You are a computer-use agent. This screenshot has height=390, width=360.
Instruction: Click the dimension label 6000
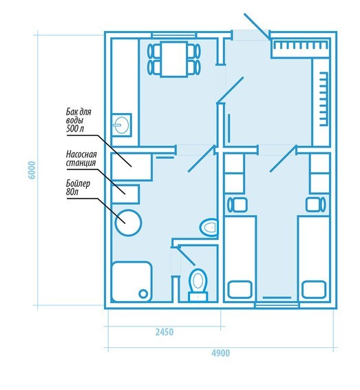click(32, 170)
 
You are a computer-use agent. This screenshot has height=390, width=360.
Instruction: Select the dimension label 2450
click(165, 332)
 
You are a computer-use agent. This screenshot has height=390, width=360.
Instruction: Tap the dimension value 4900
click(221, 353)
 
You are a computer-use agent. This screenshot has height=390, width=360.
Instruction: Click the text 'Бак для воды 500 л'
click(78, 120)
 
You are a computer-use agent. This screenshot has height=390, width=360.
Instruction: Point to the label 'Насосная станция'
click(81, 158)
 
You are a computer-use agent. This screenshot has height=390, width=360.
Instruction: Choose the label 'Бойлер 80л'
click(78, 187)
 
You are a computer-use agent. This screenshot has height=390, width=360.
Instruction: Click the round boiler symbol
click(129, 223)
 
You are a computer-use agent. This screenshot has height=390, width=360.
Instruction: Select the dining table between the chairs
click(174, 59)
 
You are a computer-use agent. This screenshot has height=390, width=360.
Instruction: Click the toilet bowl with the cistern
click(198, 285)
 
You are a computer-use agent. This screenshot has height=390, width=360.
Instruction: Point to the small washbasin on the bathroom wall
click(209, 227)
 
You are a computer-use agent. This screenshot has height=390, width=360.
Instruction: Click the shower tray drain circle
click(143, 294)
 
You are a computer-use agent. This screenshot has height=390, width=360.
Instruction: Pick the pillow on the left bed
click(240, 289)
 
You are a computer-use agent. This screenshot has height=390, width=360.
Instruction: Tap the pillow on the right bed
click(314, 289)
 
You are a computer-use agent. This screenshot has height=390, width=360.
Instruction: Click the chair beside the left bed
click(237, 205)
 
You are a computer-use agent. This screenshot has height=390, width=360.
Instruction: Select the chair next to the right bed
click(315, 205)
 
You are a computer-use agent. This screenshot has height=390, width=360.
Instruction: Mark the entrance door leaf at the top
click(257, 27)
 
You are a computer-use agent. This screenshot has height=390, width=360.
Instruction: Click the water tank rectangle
click(131, 166)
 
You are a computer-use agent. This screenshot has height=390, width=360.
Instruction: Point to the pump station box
click(125, 194)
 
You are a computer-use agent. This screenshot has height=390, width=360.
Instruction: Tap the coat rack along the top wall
click(300, 45)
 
